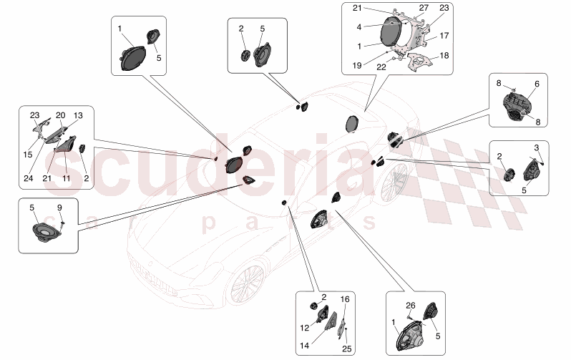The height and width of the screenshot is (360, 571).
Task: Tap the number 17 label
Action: pyautogui.click(x=444, y=35)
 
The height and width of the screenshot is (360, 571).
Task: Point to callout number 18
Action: pyautogui.click(x=444, y=55)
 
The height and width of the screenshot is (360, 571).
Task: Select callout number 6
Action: pyautogui.click(x=537, y=84)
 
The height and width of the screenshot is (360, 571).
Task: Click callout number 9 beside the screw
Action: pyautogui.click(x=61, y=208)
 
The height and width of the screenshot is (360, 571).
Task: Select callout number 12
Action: pyautogui.click(x=303, y=328)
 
